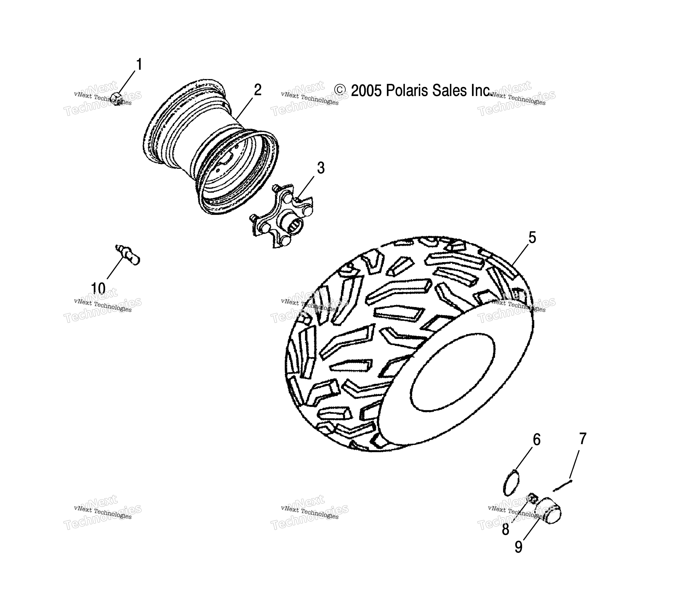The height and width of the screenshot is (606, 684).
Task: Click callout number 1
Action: [139, 65]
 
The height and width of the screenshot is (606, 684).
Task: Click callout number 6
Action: [536, 440]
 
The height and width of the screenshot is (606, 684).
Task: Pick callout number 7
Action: [583, 439]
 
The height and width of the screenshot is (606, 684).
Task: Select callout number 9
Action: [518, 547]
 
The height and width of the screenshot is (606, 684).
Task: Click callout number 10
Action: [98, 288]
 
